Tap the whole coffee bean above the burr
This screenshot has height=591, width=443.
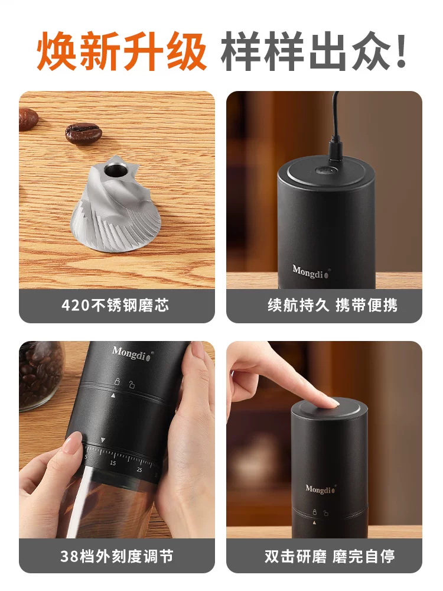[83, 132]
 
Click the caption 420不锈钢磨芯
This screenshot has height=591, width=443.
[115, 306]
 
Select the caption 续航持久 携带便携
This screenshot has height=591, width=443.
[332, 306]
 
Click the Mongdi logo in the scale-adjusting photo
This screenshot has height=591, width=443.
[132, 353]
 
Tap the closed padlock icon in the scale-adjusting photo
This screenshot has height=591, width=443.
[117, 382]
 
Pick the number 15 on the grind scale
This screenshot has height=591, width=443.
[112, 463]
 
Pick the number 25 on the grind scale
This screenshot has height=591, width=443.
[139, 470]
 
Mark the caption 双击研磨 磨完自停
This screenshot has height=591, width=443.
[330, 556]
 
